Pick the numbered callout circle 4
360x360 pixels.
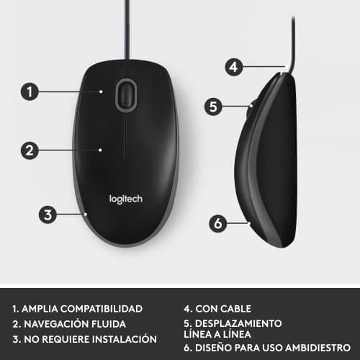(232, 67)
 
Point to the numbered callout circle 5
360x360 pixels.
(211, 107)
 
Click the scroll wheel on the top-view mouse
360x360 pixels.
(125, 95)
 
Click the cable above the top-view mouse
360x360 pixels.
(125, 29)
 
